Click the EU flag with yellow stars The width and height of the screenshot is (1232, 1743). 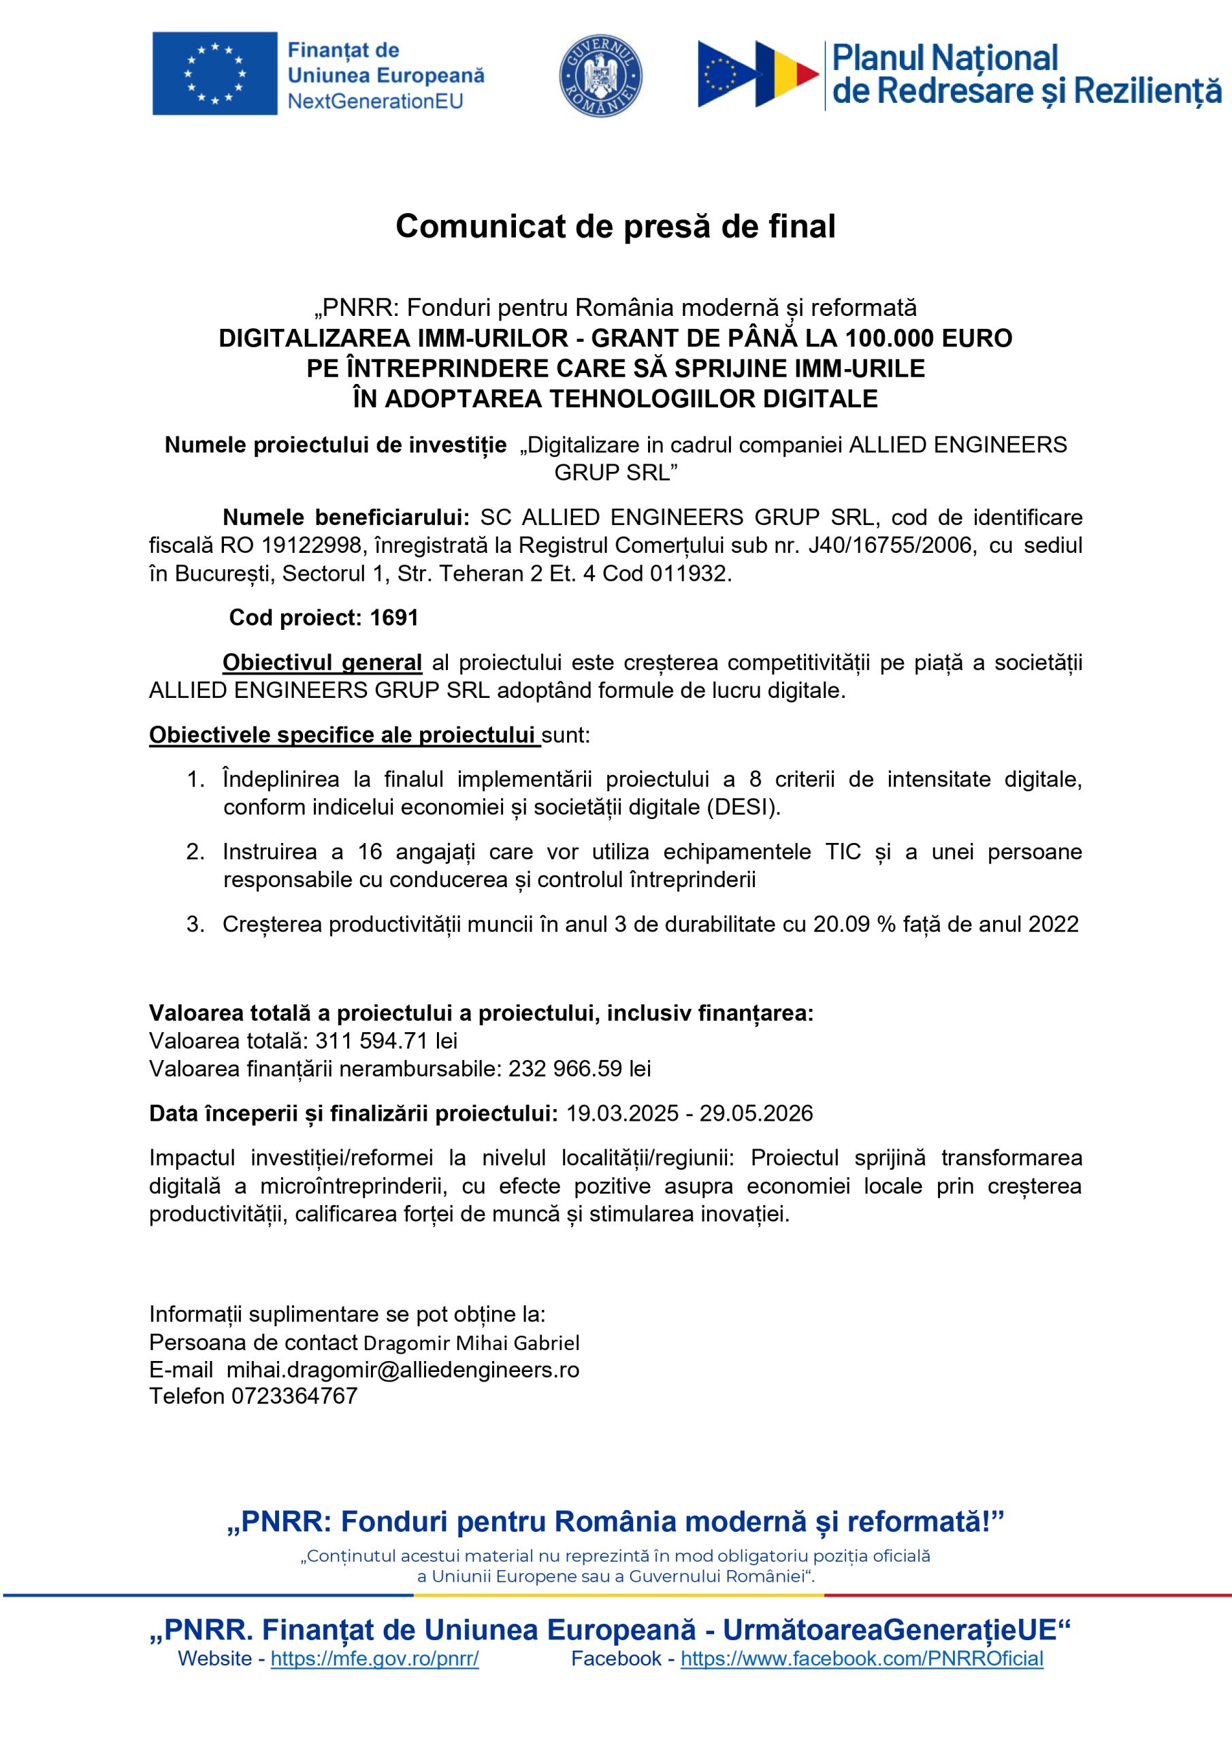pyautogui.click(x=215, y=74)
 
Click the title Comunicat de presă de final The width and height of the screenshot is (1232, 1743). pyautogui.click(x=615, y=226)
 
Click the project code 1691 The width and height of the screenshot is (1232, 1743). pyautogui.click(x=394, y=617)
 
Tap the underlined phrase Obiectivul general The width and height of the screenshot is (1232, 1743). pyautogui.click(x=322, y=662)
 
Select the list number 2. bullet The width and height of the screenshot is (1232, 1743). pyautogui.click(x=195, y=851)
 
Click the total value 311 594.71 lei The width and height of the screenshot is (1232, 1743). pyautogui.click(x=387, y=1040)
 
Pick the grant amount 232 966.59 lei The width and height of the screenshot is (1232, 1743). pyautogui.click(x=579, y=1068)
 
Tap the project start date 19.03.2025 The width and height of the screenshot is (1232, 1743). pyautogui.click(x=622, y=1113)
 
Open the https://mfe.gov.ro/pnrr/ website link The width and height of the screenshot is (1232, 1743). pyautogui.click(x=374, y=1659)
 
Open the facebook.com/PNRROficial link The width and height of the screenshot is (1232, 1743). pyautogui.click(x=862, y=1659)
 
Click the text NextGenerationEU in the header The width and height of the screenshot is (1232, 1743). pyautogui.click(x=375, y=101)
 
